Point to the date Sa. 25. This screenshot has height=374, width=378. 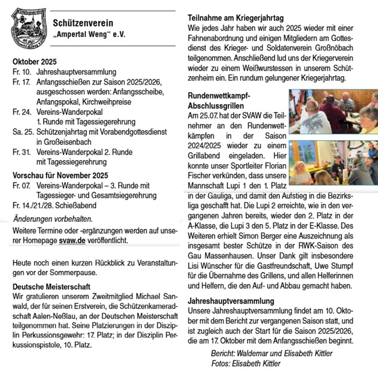pyautogui.click(x=21, y=131)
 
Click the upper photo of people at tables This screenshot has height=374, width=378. pyautogui.click(x=333, y=111)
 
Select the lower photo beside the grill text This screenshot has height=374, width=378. pyautogui.click(x=333, y=162)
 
